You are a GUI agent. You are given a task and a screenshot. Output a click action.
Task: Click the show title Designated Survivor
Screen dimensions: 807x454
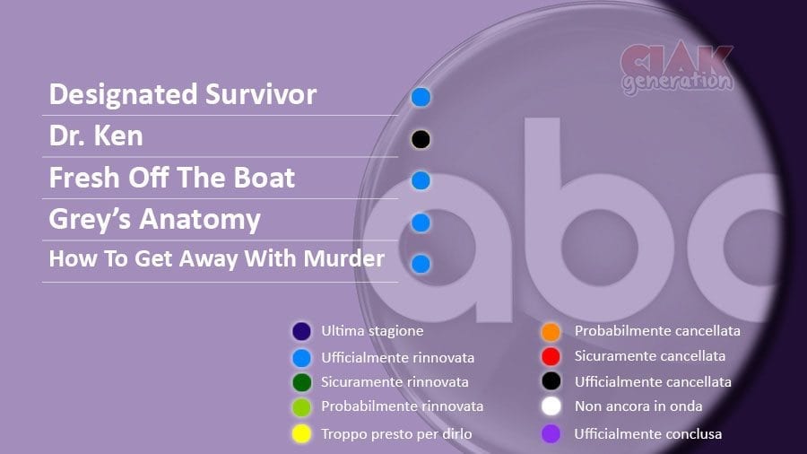click(x=183, y=94)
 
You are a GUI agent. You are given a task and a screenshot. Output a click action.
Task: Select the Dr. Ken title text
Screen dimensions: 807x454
click(x=96, y=135)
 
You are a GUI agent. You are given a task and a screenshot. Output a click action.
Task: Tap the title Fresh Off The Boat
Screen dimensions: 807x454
click(x=172, y=178)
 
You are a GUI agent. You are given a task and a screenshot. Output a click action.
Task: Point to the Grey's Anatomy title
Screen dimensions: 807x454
click(x=155, y=220)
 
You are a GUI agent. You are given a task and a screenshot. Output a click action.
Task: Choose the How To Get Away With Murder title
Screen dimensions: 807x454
click(x=217, y=258)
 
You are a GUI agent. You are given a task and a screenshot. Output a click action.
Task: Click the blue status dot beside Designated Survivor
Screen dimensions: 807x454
click(x=421, y=97)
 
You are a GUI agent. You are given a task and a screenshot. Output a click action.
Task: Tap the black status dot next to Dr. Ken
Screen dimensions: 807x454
click(x=421, y=139)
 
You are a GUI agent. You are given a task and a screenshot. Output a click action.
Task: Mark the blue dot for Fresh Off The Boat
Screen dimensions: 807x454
click(x=421, y=180)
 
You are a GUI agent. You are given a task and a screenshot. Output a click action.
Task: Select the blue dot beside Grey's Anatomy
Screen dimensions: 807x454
click(x=421, y=223)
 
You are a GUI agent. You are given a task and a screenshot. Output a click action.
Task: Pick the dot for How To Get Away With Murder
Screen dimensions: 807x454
click(x=421, y=264)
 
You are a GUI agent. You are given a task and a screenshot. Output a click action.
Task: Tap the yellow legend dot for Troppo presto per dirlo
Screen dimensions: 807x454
click(x=301, y=433)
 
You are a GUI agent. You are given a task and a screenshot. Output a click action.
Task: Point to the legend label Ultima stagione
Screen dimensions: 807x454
click(x=372, y=331)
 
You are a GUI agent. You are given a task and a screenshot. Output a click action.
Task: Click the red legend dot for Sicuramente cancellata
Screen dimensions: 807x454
click(x=551, y=356)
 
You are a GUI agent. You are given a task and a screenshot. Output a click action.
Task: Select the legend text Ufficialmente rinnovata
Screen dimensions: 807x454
click(x=398, y=357)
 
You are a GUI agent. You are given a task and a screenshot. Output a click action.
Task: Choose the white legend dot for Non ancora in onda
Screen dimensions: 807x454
click(x=551, y=406)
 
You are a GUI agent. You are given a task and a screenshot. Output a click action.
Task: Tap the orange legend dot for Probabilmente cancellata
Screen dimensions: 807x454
click(x=551, y=332)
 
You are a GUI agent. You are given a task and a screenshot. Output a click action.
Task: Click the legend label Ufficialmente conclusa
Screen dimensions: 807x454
click(x=648, y=434)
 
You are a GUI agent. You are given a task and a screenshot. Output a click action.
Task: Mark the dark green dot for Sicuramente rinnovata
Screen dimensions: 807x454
click(x=301, y=382)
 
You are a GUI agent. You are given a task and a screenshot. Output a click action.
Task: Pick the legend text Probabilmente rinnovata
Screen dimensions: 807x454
click(x=402, y=406)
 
